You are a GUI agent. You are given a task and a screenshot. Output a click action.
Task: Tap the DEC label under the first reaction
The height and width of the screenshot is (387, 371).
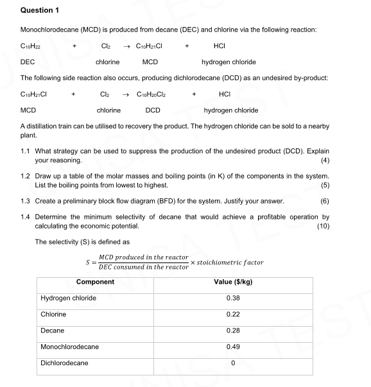tap(28, 62)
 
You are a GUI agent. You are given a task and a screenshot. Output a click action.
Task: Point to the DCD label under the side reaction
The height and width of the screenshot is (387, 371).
tap(153, 110)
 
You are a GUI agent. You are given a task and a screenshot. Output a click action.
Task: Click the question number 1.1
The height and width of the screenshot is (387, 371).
tap(26, 151)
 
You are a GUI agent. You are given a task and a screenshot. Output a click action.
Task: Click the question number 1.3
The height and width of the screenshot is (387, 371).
tap(26, 201)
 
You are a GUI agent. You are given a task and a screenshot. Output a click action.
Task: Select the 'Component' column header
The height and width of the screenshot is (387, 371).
tap(95, 282)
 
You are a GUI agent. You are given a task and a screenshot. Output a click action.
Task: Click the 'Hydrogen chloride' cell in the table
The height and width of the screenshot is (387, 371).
tap(69, 298)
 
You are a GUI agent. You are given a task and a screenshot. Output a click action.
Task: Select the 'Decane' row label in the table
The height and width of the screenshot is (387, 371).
tap(53, 331)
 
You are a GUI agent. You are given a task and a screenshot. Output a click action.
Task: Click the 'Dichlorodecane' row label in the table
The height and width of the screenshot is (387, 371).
tap(64, 363)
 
